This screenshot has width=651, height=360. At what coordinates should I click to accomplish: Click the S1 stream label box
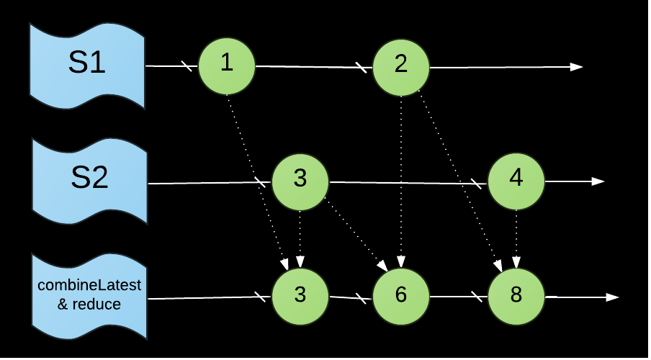point(86,65)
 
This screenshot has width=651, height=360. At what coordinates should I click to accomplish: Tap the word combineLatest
point(89,286)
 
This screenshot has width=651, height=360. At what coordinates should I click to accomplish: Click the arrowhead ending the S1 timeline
point(576,67)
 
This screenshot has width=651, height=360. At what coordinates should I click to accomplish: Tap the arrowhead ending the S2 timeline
point(598,181)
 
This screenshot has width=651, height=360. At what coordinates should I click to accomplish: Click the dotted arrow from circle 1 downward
point(256,180)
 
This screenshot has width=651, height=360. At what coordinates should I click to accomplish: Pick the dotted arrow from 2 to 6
point(401,180)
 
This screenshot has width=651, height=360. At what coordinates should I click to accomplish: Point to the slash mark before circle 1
point(187,66)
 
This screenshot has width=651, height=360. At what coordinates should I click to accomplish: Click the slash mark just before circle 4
point(476,183)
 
